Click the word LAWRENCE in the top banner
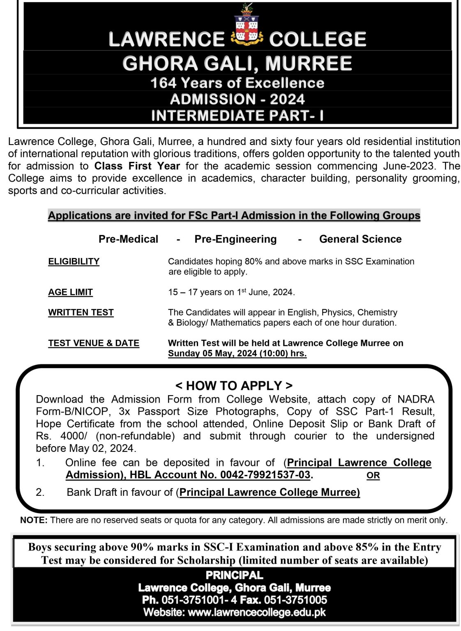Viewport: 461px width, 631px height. [x=166, y=39]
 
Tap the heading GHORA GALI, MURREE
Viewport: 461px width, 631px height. [x=237, y=63]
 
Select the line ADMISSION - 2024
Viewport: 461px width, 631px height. [x=237, y=99]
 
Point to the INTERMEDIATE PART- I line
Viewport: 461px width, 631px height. [x=237, y=115]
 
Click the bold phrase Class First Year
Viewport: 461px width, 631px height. [x=137, y=166]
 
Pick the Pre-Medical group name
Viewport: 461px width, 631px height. [x=128, y=239]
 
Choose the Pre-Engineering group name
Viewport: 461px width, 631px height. [x=235, y=239]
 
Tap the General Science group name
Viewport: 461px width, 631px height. [x=360, y=239]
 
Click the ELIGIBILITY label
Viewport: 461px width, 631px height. [x=74, y=262]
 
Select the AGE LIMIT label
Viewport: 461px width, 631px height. [x=70, y=292]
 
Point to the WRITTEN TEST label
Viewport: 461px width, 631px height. [x=81, y=312]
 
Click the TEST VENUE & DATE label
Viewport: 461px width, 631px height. [x=94, y=343]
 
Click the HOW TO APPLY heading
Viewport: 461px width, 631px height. [x=234, y=385]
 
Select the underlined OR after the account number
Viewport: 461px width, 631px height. [x=373, y=475]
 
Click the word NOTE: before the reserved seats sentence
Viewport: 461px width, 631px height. [x=34, y=520]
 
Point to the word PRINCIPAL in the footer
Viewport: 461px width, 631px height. [x=234, y=575]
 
